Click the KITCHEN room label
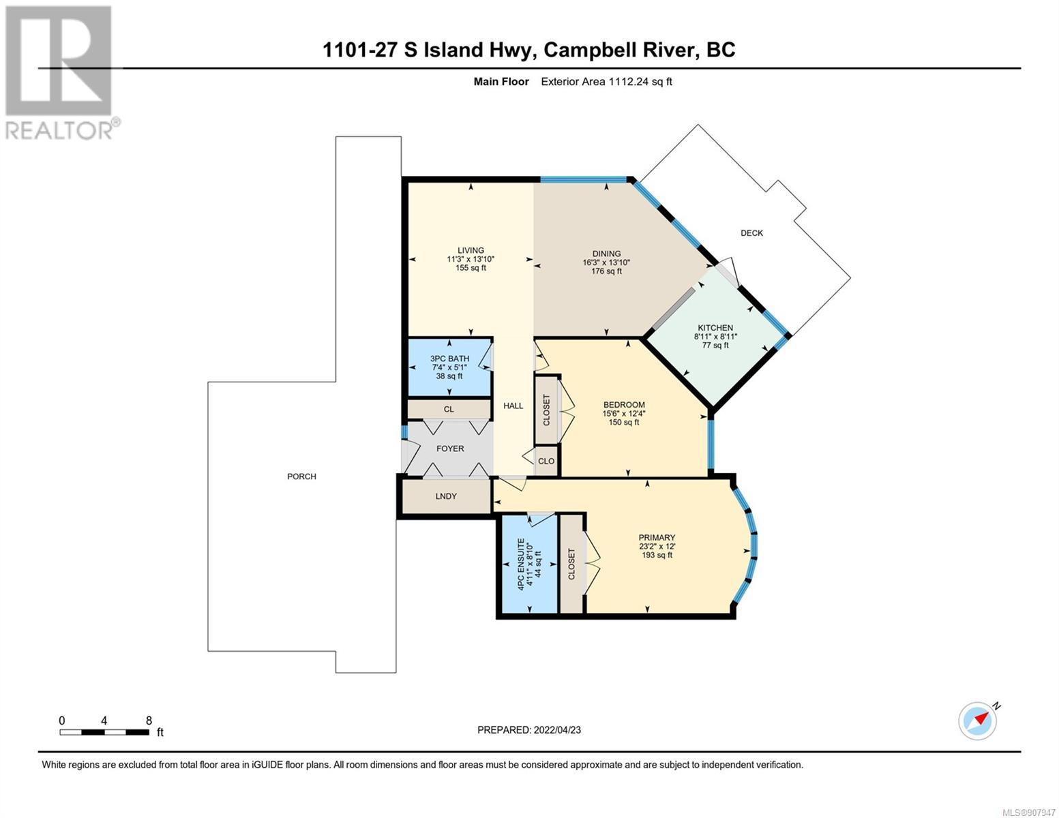click(715, 328)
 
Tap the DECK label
click(751, 233)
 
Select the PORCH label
click(301, 476)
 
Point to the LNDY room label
click(446, 496)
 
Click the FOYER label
click(450, 449)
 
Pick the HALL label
click(513, 406)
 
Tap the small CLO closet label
click(546, 461)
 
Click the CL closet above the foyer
click(449, 409)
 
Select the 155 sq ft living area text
click(471, 268)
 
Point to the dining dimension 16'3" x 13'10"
click(606, 262)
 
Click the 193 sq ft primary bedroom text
click(657, 555)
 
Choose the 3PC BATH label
click(449, 359)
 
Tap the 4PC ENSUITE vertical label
click(521, 564)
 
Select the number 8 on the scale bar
click(149, 721)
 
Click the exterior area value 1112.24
click(628, 81)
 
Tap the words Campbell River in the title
click(618, 50)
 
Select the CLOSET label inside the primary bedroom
click(571, 564)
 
